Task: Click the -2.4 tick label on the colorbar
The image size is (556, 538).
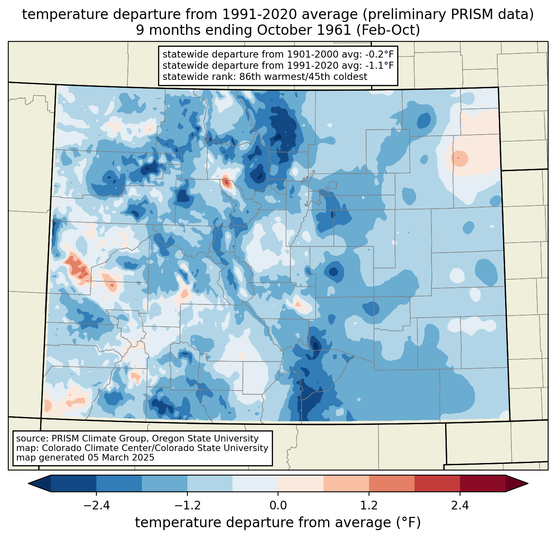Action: [96, 506]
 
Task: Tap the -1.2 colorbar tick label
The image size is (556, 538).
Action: [187, 506]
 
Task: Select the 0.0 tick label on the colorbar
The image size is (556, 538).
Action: [278, 506]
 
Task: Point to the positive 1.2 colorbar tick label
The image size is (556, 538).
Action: [369, 506]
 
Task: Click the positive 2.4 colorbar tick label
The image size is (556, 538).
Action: [460, 506]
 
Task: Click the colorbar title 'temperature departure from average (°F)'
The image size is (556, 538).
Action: [278, 522]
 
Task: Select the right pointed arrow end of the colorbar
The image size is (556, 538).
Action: [517, 483]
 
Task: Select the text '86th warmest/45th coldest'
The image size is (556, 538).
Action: [303, 77]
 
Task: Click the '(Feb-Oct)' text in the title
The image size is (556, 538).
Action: [388, 30]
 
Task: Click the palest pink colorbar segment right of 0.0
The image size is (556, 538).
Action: [301, 483]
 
